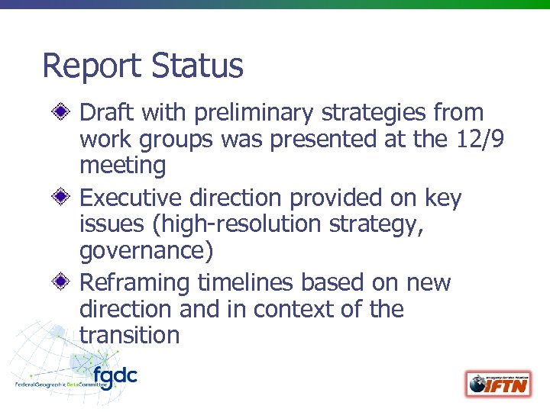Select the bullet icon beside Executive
65,198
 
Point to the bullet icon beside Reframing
65,283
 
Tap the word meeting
123,166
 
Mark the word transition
129,335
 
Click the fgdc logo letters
115,375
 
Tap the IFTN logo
498,383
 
